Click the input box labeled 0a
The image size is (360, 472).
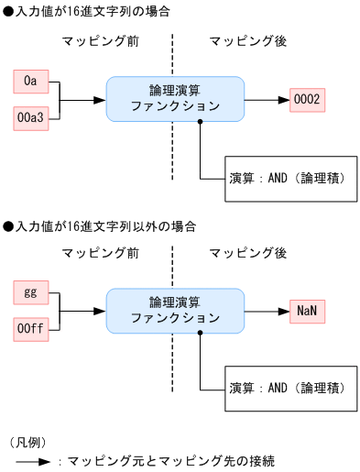click(31, 82)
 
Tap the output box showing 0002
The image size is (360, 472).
click(307, 99)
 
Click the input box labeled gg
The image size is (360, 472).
click(31, 293)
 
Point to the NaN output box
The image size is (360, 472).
click(307, 311)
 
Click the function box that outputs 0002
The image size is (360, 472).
click(175, 99)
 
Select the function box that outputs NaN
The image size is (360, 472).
click(175, 311)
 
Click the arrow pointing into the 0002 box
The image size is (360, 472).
click(267, 99)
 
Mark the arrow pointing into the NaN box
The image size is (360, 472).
click(267, 311)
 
